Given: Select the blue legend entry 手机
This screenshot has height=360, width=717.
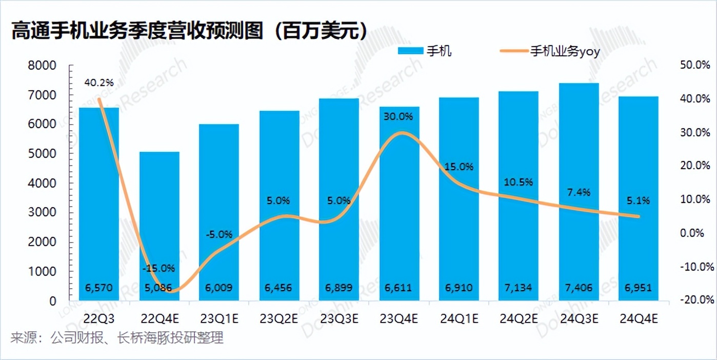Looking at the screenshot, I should [x=425, y=51].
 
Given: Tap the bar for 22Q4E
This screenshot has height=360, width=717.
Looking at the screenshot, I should [x=159, y=226].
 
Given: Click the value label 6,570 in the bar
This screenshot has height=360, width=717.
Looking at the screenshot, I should [x=99, y=288].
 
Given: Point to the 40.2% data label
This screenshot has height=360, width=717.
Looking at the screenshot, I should [x=99, y=82].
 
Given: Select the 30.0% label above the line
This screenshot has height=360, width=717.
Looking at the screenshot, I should [x=399, y=116].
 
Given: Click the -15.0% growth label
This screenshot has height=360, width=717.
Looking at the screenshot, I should [x=159, y=268].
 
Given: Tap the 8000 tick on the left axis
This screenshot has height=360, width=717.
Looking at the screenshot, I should [x=44, y=66].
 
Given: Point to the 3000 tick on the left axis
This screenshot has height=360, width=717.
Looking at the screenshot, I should [x=44, y=213].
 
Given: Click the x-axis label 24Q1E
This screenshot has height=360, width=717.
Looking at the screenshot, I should [x=459, y=319].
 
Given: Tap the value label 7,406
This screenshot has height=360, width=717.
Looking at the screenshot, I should [x=579, y=288].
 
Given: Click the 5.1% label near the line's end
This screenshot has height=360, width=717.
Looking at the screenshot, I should [x=639, y=201].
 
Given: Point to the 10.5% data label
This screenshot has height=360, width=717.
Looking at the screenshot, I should [x=519, y=182].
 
